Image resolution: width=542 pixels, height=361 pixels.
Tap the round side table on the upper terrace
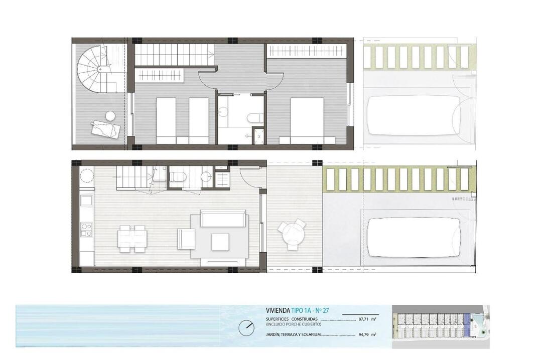110,116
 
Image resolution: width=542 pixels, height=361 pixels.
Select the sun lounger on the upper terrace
105,129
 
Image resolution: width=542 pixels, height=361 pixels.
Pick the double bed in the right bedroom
307,120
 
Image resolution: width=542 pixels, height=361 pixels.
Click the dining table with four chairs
131,238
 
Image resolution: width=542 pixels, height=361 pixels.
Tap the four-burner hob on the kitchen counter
86,229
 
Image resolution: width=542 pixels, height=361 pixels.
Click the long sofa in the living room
224,218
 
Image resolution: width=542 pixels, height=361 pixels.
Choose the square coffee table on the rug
220,242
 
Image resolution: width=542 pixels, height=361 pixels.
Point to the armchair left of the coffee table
186,239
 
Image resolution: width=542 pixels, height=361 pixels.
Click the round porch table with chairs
293,234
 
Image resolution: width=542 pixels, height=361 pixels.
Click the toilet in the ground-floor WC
178,177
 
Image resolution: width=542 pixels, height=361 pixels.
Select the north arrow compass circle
246,326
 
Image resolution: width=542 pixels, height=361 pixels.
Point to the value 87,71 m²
367,319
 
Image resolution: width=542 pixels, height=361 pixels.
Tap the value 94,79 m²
367,334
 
